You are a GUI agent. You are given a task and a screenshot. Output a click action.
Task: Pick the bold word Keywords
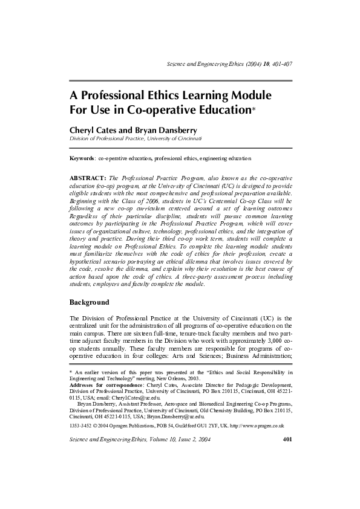point(82,158)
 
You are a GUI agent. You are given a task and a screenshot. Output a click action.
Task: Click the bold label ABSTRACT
point(88,180)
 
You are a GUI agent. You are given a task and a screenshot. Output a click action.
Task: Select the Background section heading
point(90,302)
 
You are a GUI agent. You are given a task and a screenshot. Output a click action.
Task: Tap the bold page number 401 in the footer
point(287,439)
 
